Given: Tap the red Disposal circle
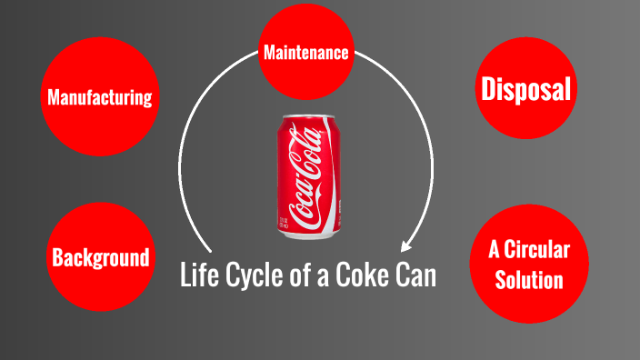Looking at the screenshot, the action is click(x=526, y=89).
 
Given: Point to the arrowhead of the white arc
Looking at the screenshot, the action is click(x=405, y=245).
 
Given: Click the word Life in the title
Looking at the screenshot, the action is click(x=199, y=274).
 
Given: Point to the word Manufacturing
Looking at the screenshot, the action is click(x=100, y=97).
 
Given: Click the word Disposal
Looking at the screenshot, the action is click(x=526, y=89).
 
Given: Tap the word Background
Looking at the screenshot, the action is click(x=100, y=257).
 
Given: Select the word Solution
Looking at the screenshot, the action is click(x=528, y=278).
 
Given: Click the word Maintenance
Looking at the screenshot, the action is click(x=305, y=52).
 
